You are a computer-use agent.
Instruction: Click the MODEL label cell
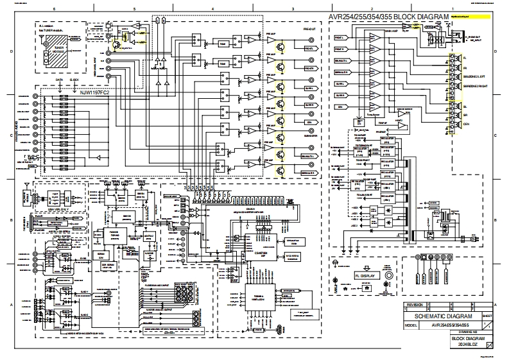click(x=410, y=325)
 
